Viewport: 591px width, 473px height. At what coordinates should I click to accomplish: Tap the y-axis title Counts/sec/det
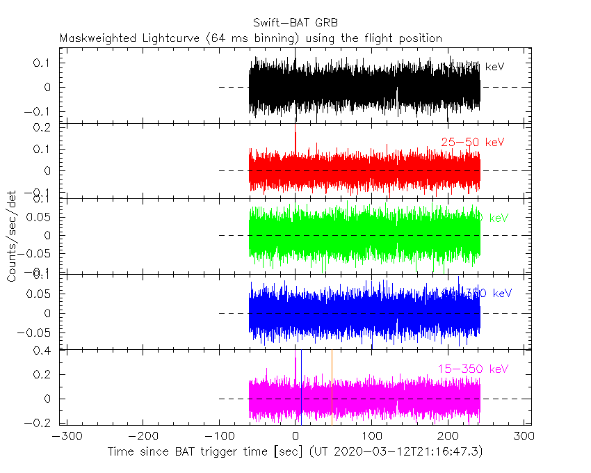coord(12,236)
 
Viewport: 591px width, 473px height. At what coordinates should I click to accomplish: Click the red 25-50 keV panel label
coord(472,143)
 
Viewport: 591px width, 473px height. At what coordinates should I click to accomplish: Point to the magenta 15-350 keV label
coord(472,369)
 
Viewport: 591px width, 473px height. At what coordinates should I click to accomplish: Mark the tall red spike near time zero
coord(295,136)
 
